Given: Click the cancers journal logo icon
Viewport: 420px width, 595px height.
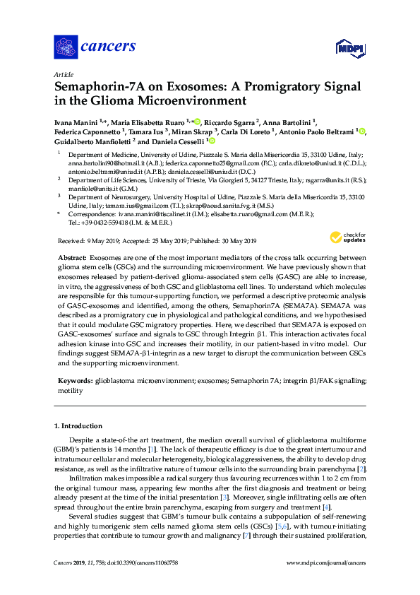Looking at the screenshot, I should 66,47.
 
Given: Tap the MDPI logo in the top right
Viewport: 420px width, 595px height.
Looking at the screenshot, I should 349,48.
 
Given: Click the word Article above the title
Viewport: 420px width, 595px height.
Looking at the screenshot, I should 63,74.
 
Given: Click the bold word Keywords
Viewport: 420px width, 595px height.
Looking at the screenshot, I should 75,381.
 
